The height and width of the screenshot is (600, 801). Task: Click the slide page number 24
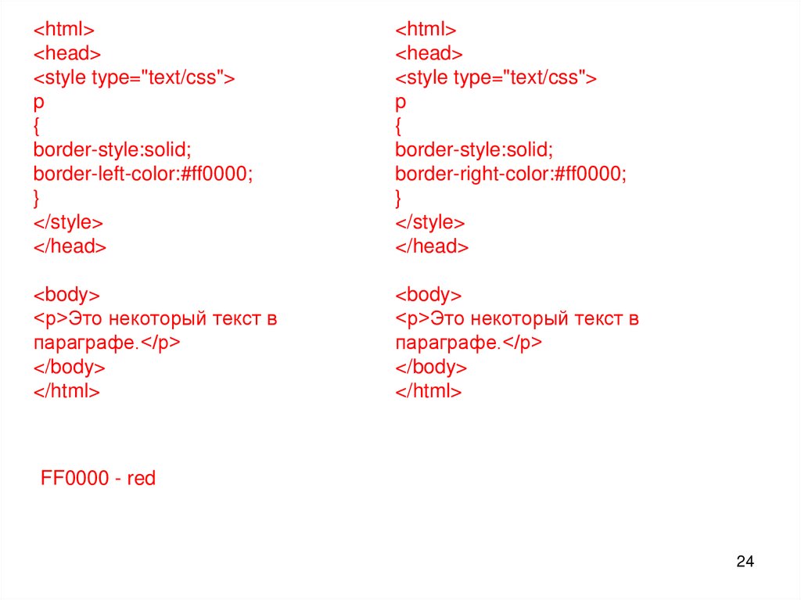click(x=745, y=561)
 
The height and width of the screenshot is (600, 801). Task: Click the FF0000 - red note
click(x=98, y=478)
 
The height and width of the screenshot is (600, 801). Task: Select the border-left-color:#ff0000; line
click(x=143, y=174)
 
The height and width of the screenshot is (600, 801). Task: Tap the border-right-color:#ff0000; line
click(x=511, y=174)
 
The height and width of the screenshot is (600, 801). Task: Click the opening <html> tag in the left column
click(x=63, y=30)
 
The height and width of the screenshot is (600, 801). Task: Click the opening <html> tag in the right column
click(x=426, y=30)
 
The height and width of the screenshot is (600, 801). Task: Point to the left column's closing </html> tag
click(x=66, y=391)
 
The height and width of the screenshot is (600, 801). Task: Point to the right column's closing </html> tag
click(x=429, y=391)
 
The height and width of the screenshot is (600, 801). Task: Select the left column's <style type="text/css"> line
click(x=133, y=77)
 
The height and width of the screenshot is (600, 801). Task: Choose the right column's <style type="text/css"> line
click(x=495, y=77)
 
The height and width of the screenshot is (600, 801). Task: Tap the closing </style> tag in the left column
click(x=67, y=222)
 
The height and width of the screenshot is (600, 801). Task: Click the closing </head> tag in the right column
click(x=432, y=246)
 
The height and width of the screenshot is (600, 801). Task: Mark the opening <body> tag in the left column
click(x=66, y=295)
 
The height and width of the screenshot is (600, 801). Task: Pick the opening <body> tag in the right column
click(x=429, y=295)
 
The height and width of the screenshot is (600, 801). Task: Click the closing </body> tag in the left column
click(x=69, y=367)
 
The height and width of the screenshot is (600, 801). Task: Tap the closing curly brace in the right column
click(x=399, y=197)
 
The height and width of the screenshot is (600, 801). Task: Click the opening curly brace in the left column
click(x=37, y=125)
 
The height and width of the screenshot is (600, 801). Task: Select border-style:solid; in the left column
click(x=112, y=149)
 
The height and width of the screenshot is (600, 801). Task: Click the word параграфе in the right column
click(x=447, y=343)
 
